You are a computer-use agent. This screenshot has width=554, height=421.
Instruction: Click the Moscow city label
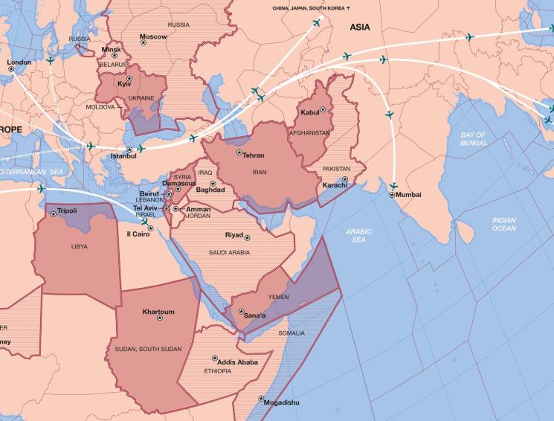tap(154, 36)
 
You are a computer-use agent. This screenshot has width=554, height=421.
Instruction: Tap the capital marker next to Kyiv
tap(129, 78)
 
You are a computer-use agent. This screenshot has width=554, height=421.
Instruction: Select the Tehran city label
tap(254, 155)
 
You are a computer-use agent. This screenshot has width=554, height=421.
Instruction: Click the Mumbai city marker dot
tap(392, 194)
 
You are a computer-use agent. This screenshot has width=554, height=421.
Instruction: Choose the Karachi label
tap(335, 184)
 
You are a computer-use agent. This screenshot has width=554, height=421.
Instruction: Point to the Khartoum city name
tap(158, 312)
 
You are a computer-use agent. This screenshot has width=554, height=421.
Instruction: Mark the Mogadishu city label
tap(283, 402)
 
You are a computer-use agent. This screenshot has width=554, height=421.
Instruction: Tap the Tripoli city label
tap(67, 210)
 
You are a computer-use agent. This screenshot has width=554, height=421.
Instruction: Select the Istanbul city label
tap(123, 156)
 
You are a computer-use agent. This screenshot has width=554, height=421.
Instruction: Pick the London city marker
tap(11, 69)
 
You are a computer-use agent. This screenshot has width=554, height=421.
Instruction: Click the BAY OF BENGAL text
tap(473, 139)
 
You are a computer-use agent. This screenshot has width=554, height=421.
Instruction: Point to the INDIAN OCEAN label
tap(503, 224)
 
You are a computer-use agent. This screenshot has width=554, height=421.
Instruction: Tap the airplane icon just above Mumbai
tap(393, 185)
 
